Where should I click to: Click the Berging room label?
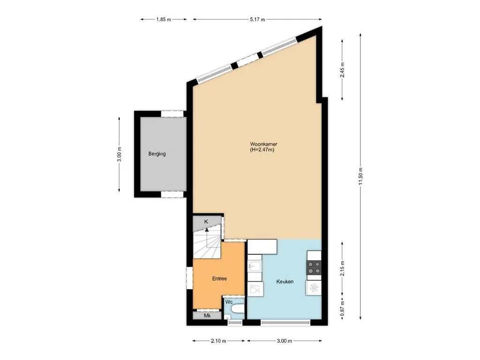(157, 154)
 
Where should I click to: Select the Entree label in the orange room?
(219, 278)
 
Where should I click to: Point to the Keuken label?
(285, 281)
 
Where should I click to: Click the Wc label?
(229, 302)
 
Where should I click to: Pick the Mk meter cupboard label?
(207, 316)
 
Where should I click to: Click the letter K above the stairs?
(206, 222)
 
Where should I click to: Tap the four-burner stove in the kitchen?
(314, 268)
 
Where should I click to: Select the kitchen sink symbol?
(254, 268)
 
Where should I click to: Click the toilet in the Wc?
(237, 309)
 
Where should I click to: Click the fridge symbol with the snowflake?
(314, 287)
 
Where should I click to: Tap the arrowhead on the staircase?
(207, 230)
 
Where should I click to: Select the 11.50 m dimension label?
(360, 176)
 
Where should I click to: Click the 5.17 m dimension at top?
(257, 19)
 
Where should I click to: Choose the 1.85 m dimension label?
(164, 19)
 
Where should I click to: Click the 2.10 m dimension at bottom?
(218, 341)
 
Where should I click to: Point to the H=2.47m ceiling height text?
(262, 150)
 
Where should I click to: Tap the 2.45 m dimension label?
(342, 69)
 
